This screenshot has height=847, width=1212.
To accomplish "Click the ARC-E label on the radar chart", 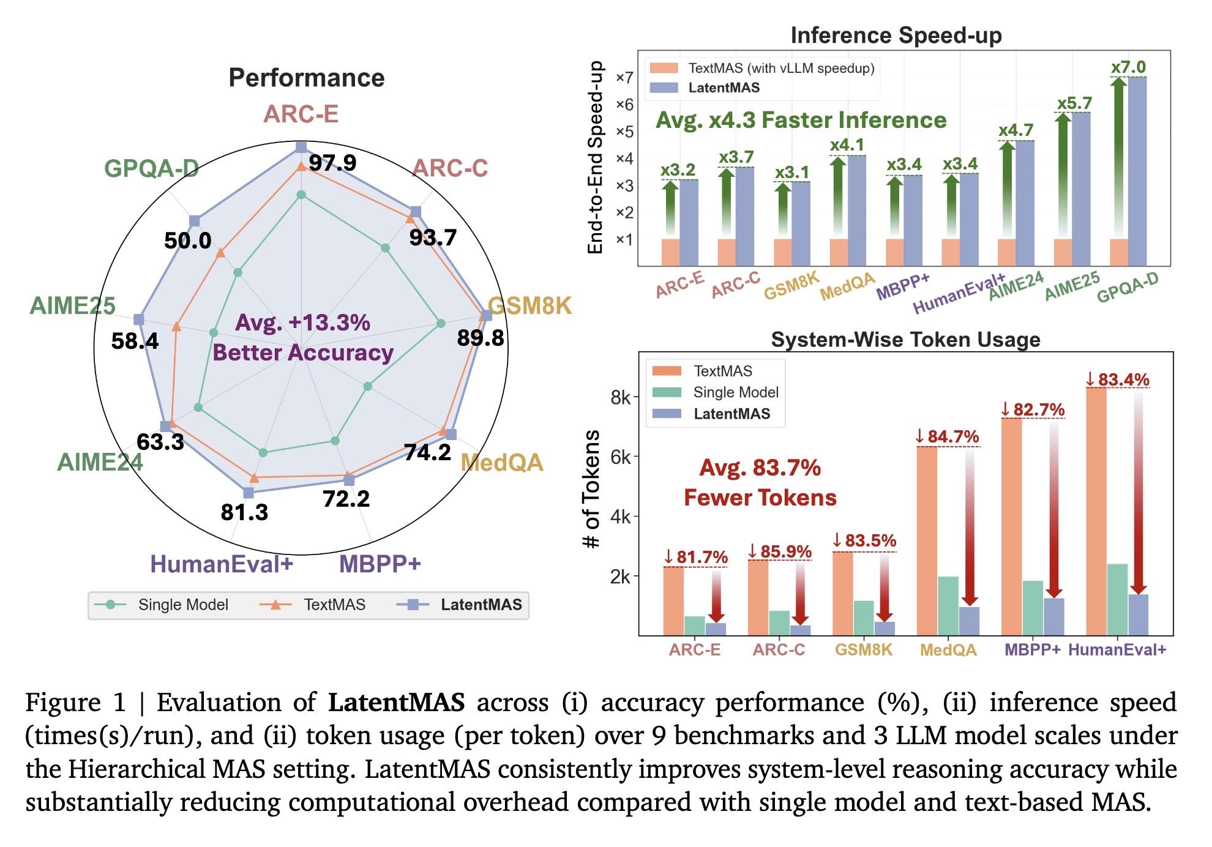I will tap(301, 114).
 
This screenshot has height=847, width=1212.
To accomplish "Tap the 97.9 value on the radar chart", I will tap(332, 163).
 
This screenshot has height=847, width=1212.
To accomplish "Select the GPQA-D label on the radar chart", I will tap(151, 168).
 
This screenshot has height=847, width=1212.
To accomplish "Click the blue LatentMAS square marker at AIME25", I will tap(139, 319).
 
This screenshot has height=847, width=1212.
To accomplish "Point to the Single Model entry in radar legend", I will tap(182, 605).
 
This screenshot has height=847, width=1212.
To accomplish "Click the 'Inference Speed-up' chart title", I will tap(896, 35).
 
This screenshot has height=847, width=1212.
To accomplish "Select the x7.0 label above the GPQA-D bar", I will tap(1128, 67).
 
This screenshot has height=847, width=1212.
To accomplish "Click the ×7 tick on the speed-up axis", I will tap(624, 78).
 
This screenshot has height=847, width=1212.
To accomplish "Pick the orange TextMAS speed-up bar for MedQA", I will tap(839, 252).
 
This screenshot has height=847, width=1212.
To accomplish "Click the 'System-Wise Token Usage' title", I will tap(905, 340).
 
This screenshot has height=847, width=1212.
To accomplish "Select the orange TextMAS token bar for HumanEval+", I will tap(1096, 511).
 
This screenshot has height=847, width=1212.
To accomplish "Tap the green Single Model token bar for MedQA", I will tap(948, 605).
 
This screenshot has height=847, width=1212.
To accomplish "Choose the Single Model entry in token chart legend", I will tap(735, 392).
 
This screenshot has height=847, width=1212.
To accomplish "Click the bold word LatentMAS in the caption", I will tap(396, 703).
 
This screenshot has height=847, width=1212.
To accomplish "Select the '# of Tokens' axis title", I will tap(593, 488).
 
